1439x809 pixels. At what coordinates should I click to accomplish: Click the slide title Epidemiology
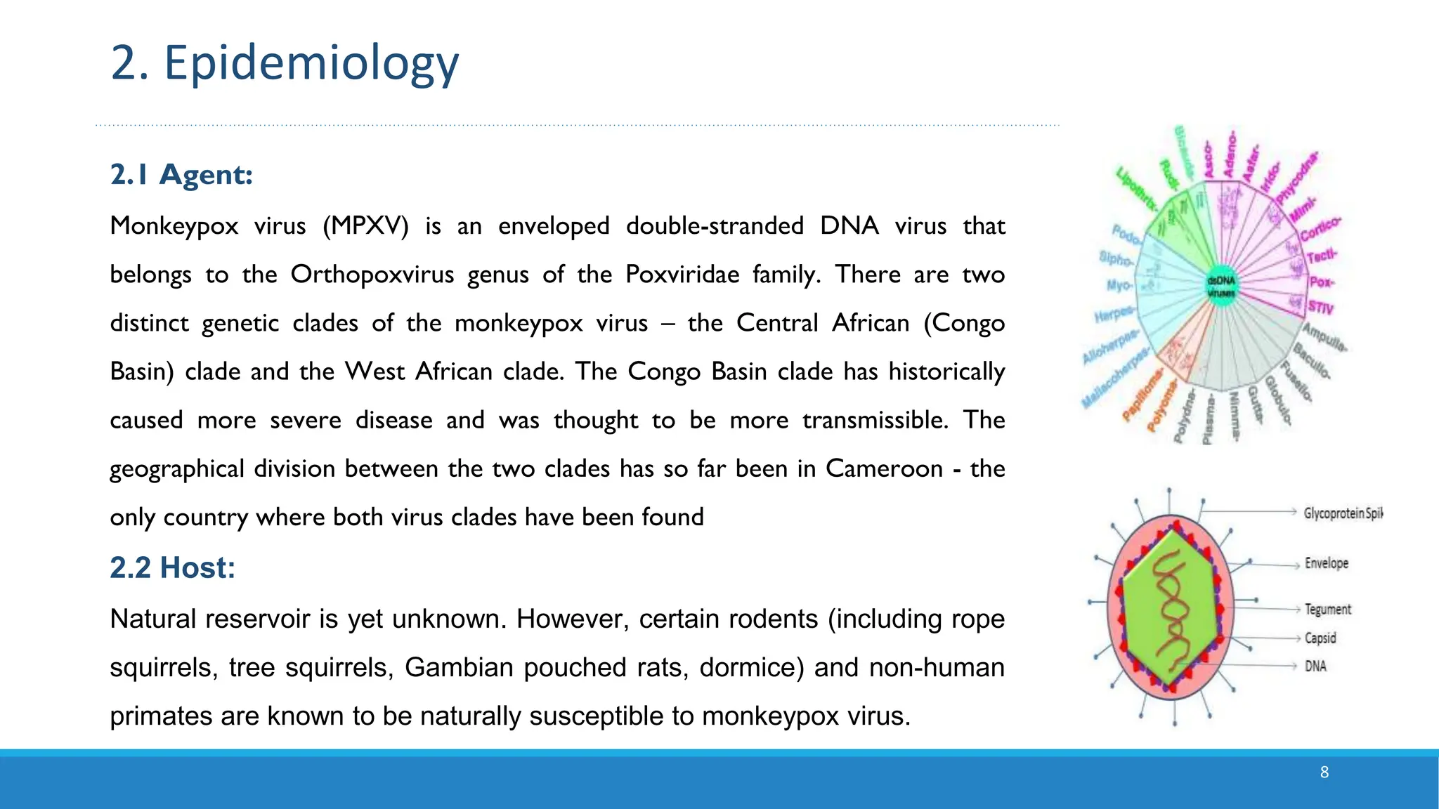point(285,63)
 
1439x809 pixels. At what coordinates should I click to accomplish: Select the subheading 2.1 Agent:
point(181,174)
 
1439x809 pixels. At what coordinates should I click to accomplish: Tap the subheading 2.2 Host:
point(172,567)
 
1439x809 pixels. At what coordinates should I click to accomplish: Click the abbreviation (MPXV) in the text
point(365,226)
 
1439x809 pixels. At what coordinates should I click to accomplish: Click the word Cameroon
point(884,468)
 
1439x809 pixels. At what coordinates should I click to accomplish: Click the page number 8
point(1324,772)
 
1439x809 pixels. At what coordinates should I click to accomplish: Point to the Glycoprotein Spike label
point(1342,513)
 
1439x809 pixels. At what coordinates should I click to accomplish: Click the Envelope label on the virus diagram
point(1327,563)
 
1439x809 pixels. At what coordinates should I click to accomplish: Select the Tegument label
point(1327,609)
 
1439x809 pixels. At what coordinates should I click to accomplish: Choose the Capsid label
point(1320,638)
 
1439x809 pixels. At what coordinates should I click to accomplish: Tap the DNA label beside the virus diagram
point(1315,666)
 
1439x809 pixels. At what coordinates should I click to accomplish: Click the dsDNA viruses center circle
point(1221,287)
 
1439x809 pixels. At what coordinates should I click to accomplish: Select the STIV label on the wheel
point(1320,307)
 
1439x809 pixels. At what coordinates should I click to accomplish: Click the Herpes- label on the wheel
point(1114,313)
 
